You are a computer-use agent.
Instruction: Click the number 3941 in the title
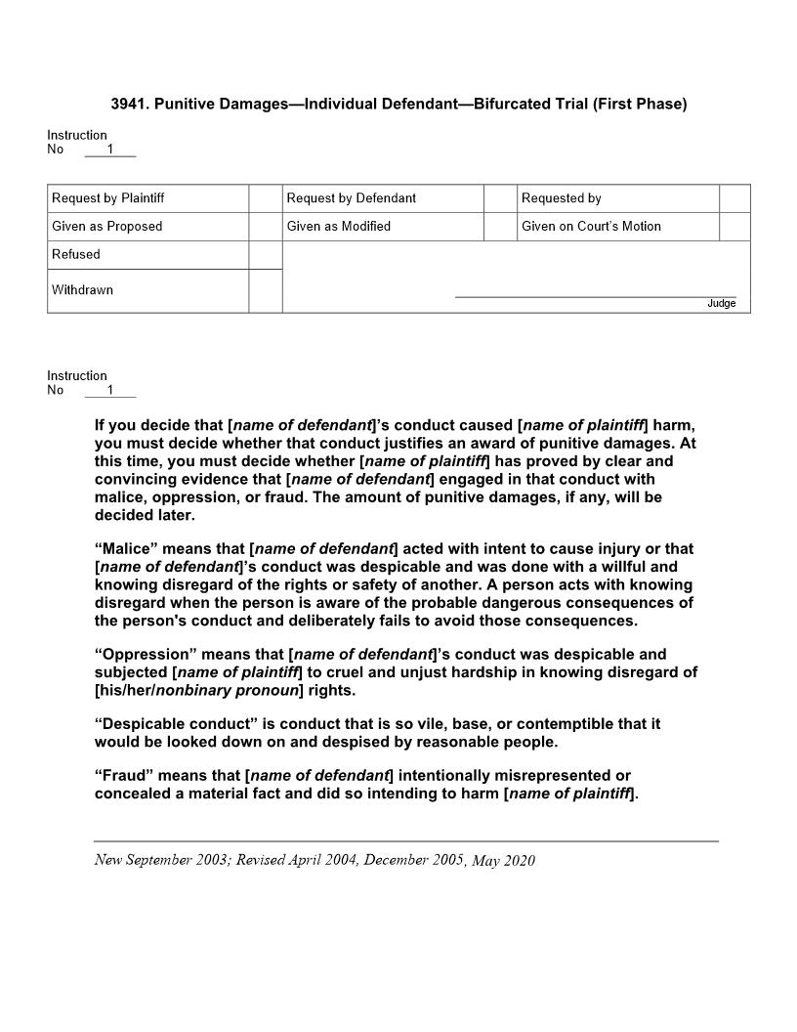tap(129, 105)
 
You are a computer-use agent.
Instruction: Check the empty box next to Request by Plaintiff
tap(265, 198)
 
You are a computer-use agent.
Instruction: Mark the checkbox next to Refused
tap(265, 255)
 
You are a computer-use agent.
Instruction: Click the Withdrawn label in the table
tap(83, 290)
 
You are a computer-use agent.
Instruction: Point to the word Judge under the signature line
tap(721, 304)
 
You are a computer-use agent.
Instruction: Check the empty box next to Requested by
tap(734, 198)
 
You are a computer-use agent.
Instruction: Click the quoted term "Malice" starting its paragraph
tap(126, 549)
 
